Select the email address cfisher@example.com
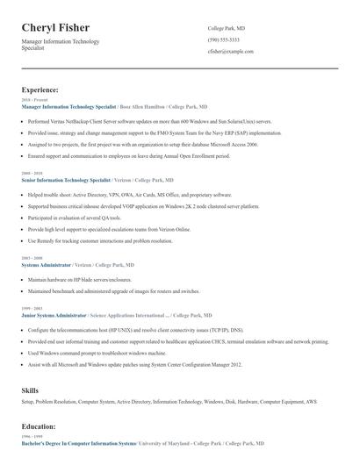tap(231, 52)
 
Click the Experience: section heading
tap(40, 89)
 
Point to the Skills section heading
tap(31, 388)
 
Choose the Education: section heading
tap(40, 426)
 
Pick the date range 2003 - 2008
tap(31, 258)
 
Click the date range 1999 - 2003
tap(31, 307)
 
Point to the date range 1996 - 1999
tap(31, 437)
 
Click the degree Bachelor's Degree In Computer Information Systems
tap(79, 444)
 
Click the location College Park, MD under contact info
tap(227, 29)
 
